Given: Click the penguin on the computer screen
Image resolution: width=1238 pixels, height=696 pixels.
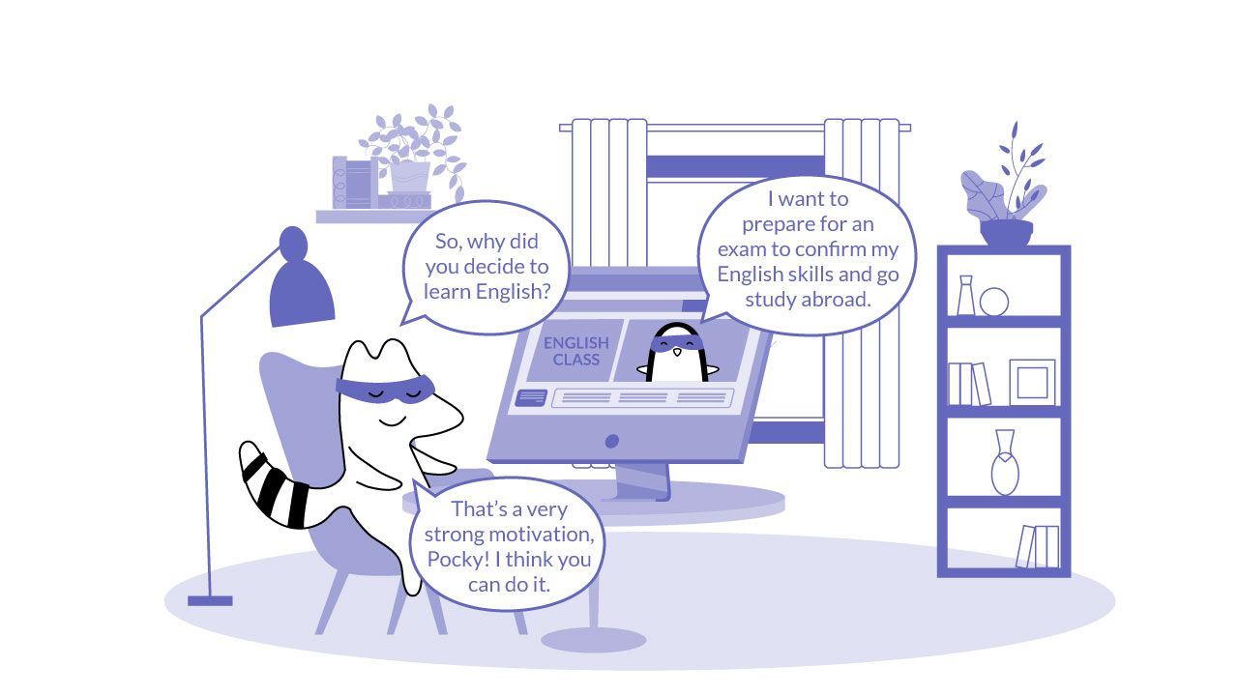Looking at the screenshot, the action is coord(675,355).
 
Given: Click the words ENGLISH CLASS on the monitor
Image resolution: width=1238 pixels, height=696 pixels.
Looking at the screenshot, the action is coord(575,351).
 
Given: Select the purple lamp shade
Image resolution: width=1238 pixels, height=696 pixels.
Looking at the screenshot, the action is coord(300,288).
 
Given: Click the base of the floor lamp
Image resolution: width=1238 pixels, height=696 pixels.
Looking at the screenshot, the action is coord(210,600).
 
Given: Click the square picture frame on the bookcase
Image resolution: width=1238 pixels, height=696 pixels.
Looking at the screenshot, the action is coord(1031,382).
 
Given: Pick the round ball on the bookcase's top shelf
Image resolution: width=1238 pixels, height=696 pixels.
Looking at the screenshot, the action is coord(993,302).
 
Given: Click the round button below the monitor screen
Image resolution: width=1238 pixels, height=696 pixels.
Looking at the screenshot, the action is coord(611,442).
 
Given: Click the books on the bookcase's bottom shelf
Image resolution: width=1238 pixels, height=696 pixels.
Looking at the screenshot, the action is coord(1037,546).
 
